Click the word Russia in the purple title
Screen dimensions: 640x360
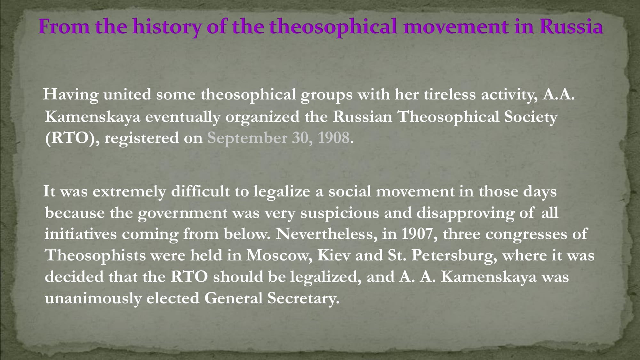571,26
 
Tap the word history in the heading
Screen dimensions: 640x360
167,28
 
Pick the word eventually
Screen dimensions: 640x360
183,117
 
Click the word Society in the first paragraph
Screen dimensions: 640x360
531,117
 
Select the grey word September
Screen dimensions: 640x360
247,139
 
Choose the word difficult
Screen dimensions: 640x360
200,191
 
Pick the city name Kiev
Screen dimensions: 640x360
333,255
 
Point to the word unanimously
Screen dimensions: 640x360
93,299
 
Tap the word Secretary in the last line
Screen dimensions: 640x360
303,299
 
